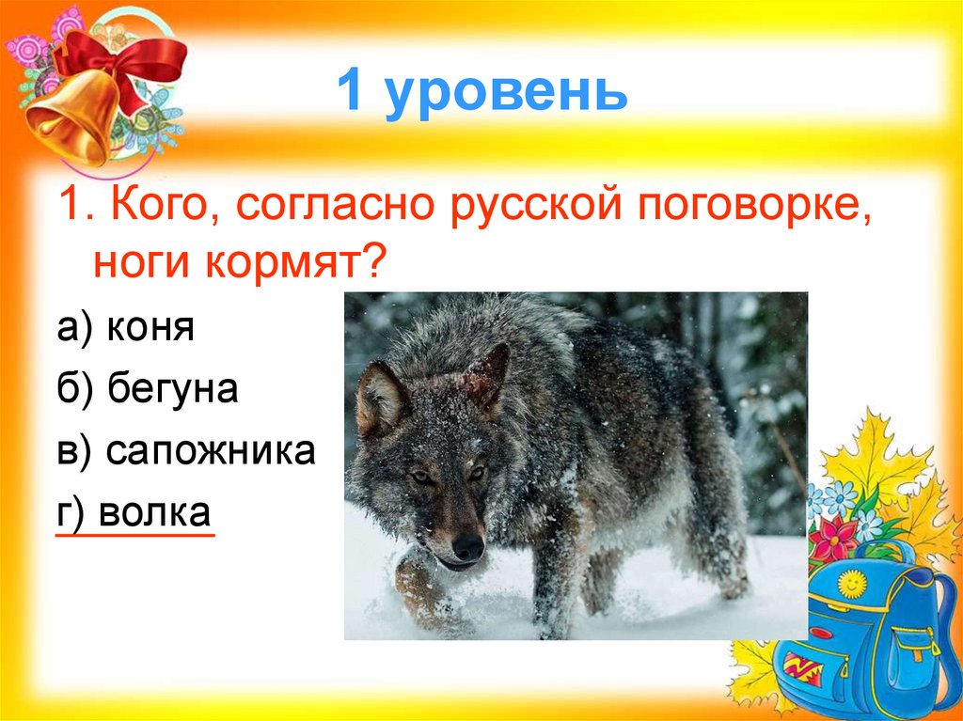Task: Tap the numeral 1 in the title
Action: point(352,93)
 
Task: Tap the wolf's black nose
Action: point(467,545)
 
